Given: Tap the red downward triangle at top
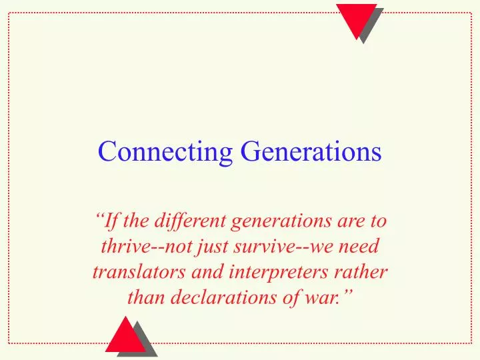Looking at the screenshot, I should click(355, 17).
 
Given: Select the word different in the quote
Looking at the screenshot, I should click(184, 220).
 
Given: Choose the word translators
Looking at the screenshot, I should click(133, 273).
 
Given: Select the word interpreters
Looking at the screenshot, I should click(275, 273).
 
